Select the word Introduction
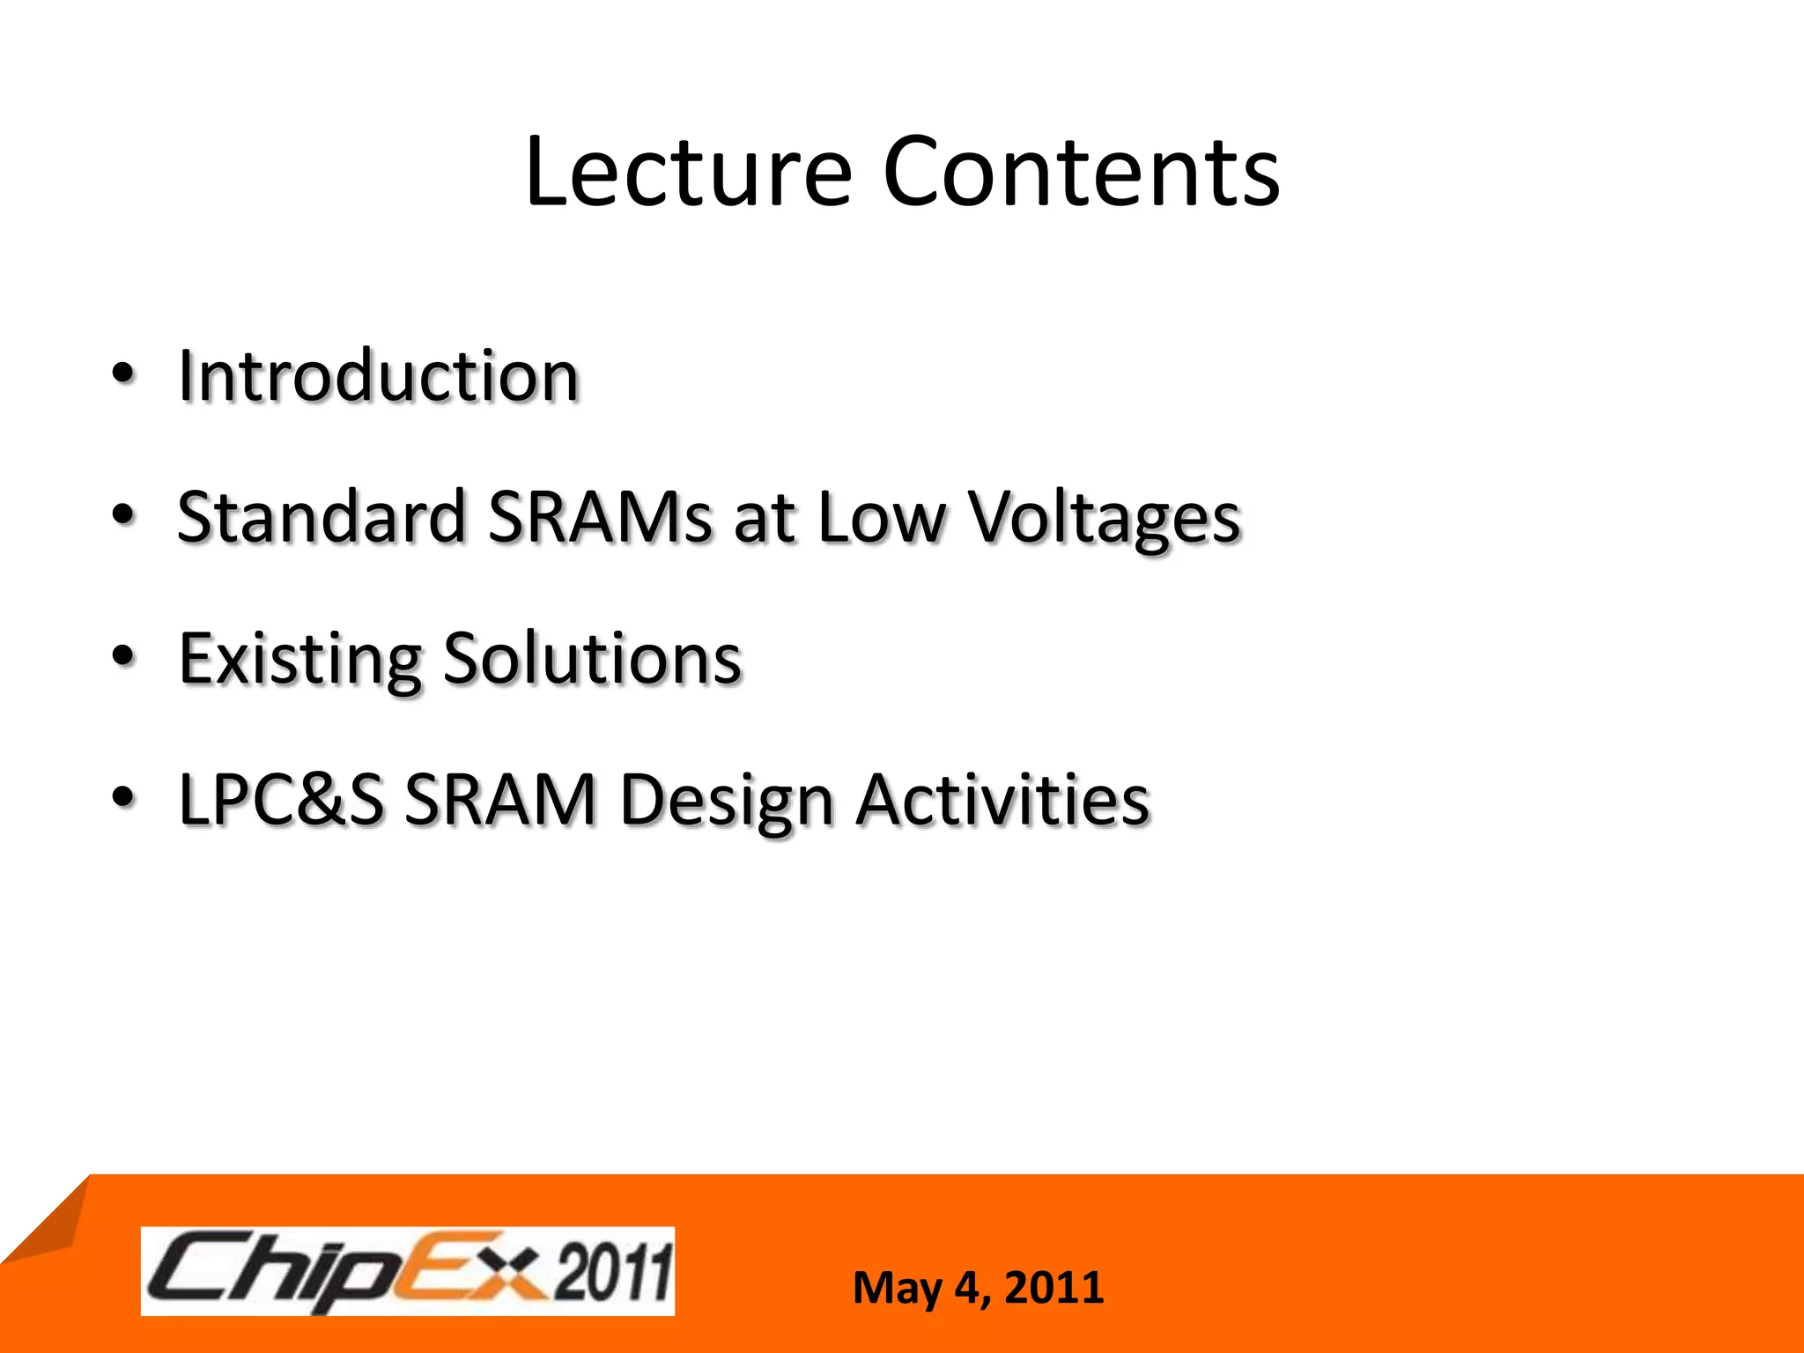coord(379,376)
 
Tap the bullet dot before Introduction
coord(124,373)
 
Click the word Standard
coord(322,517)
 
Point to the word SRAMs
coord(600,517)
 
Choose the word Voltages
coord(1105,520)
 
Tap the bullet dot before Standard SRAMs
coord(124,515)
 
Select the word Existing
coord(300,661)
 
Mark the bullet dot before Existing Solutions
coord(124,656)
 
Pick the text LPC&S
coord(281,800)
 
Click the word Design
coord(727,802)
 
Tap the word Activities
coord(1003,800)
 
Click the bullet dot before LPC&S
coord(124,797)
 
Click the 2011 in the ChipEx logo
coord(613,1271)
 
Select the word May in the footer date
coord(898,1288)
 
